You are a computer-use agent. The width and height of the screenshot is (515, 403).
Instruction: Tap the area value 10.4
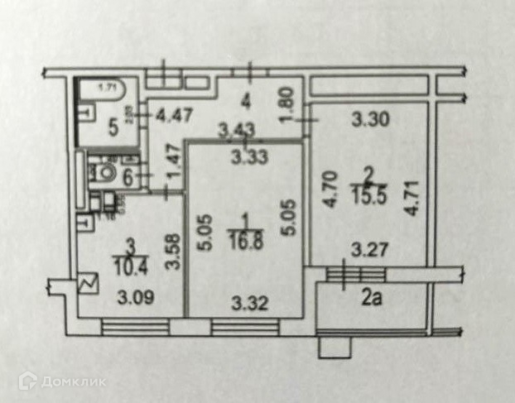128,266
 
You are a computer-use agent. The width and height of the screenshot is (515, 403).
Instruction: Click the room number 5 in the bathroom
113,128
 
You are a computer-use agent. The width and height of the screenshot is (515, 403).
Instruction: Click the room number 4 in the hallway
244,103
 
